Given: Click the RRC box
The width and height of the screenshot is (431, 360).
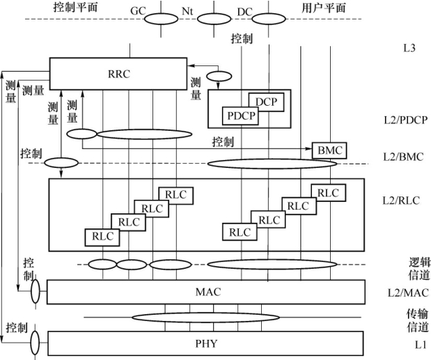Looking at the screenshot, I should pos(118,72).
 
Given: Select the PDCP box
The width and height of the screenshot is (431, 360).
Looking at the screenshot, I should pos(240,115).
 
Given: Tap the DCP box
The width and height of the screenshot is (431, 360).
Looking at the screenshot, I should pos(265,102).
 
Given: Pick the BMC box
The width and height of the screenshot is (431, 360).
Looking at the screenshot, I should pos(329,150).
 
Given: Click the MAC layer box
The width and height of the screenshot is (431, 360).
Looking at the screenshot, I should pos(205,291).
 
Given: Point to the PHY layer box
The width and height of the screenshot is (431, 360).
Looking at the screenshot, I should pos(205,343).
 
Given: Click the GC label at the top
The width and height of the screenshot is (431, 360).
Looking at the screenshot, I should pos(138,12).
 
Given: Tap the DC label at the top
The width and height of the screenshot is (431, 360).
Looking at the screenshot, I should pos(244,12).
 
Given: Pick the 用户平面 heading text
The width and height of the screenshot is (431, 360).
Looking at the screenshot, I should pos(324,8).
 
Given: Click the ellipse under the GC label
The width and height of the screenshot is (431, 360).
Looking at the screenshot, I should pos(161,19).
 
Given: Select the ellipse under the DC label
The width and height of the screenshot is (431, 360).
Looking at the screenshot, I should pos(256,19).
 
